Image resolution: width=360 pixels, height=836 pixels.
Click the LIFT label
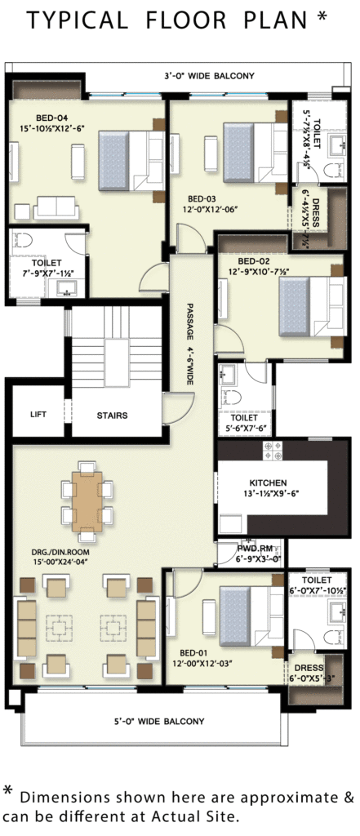38,414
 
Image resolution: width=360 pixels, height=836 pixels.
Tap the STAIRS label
112,416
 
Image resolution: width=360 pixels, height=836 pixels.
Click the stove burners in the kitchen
273,451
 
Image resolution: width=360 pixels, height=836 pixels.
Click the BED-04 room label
51,118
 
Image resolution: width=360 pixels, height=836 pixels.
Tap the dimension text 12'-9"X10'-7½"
264,271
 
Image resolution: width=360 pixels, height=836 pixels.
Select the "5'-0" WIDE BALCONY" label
159,722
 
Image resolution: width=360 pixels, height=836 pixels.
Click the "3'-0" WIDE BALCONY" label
209,76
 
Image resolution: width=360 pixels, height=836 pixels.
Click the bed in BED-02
313,307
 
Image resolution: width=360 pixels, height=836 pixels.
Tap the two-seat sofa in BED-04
56,208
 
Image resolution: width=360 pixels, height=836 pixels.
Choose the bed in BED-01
251,616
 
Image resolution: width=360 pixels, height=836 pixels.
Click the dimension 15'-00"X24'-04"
60,562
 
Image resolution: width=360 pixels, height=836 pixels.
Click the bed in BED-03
256,153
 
